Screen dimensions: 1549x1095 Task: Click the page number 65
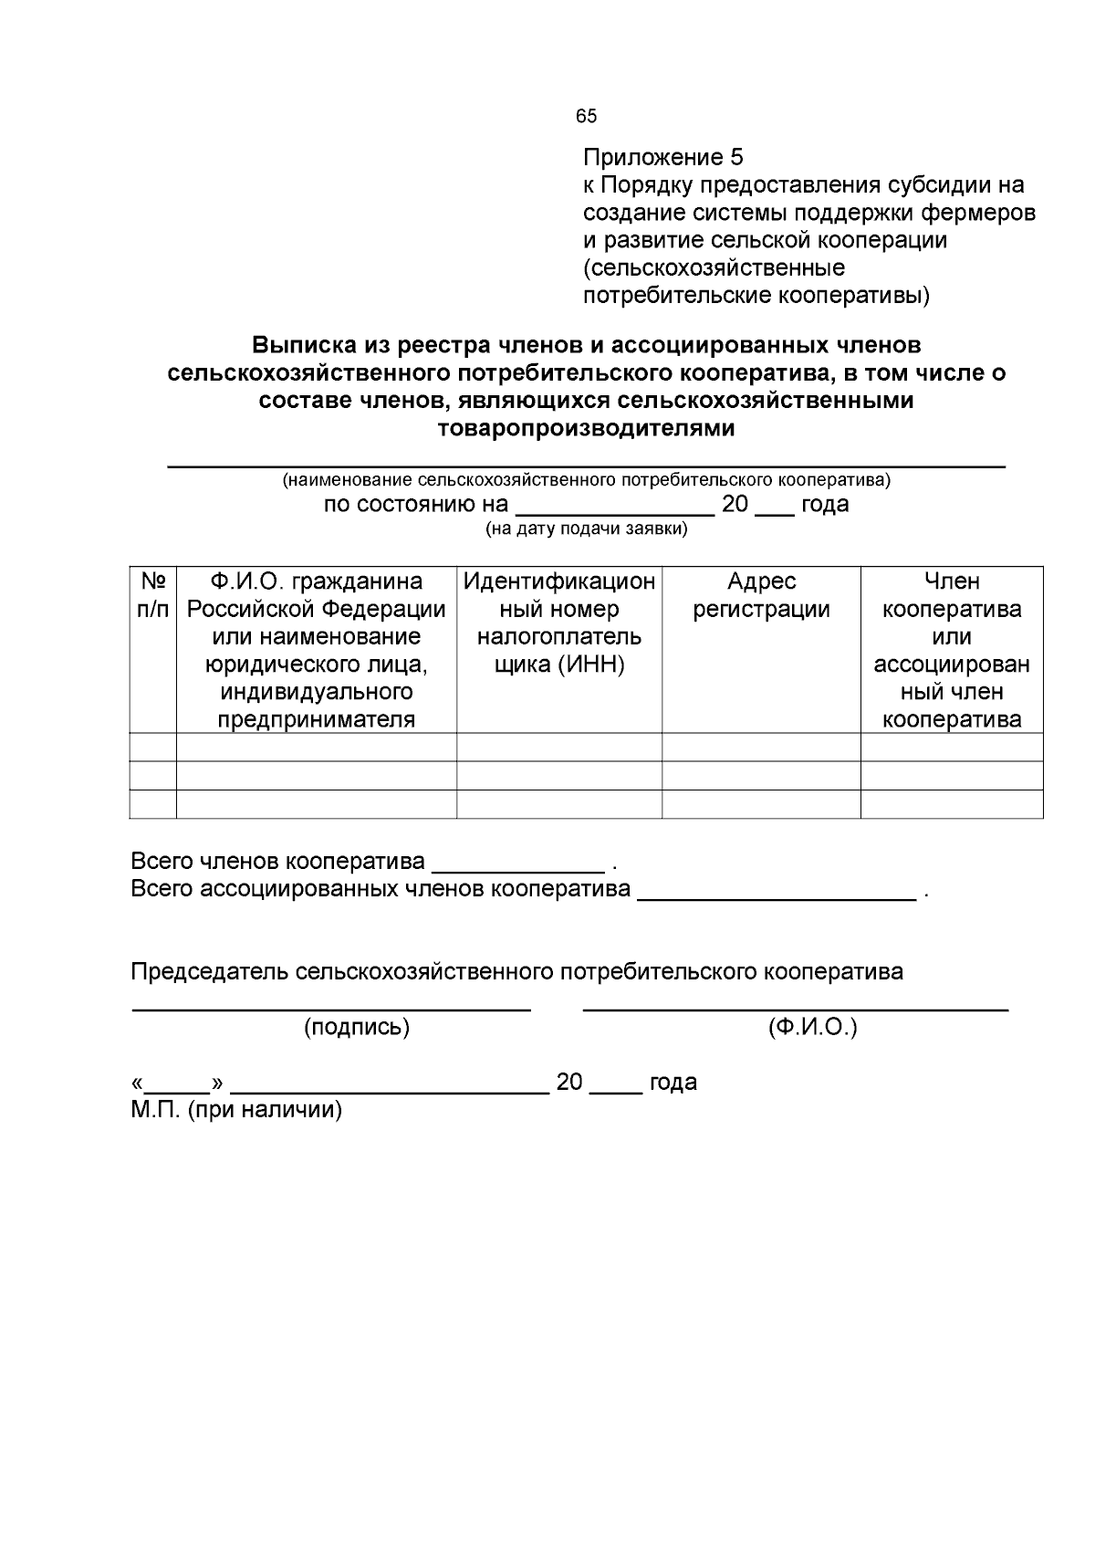[x=586, y=116]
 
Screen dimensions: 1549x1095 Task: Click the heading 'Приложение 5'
[x=663, y=157]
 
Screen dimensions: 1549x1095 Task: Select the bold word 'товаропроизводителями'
[x=586, y=428]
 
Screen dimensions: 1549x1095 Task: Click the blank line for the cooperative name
[x=586, y=463]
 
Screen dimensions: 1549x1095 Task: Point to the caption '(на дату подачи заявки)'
[x=586, y=529]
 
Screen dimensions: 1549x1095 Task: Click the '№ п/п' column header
[x=152, y=594]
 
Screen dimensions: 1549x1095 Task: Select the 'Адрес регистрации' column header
[x=761, y=595]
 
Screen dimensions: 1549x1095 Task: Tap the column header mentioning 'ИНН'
[x=558, y=623]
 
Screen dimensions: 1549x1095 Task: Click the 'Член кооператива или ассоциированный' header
[x=952, y=650]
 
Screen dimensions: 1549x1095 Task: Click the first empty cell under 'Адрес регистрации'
[x=761, y=747]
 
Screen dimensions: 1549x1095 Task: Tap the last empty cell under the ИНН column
[x=558, y=804]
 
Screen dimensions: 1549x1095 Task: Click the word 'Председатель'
[x=209, y=971]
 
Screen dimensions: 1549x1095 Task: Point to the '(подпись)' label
[x=356, y=1028]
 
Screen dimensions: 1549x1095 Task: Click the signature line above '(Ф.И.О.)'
[x=795, y=1008]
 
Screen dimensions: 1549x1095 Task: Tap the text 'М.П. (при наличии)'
[x=236, y=1110]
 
